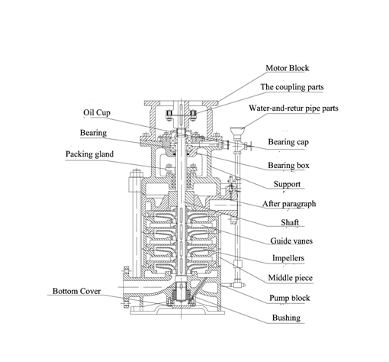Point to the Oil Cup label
click(98, 112)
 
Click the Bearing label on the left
click(93, 133)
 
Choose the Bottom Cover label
click(77, 291)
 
